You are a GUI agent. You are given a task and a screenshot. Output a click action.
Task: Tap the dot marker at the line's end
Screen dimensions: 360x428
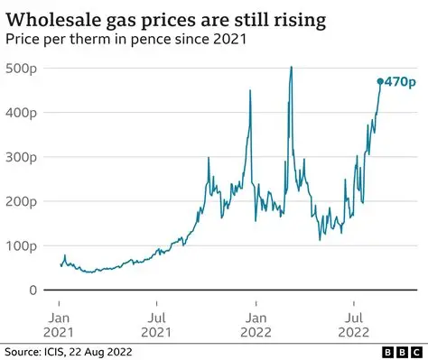(380, 81)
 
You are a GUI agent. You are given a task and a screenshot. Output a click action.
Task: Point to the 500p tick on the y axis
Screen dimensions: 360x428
(20, 69)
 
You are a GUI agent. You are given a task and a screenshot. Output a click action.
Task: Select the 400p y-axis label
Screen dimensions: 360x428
(20, 113)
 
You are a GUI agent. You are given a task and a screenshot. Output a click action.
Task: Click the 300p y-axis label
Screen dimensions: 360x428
(20, 157)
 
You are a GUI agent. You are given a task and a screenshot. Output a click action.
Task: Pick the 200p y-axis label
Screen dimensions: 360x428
(20, 201)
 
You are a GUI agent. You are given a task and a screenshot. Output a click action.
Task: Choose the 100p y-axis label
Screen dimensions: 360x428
(20, 245)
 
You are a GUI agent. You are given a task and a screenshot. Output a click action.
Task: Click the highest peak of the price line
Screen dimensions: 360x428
(291, 68)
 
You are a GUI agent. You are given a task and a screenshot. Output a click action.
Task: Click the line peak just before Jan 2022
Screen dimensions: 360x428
(248, 89)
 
